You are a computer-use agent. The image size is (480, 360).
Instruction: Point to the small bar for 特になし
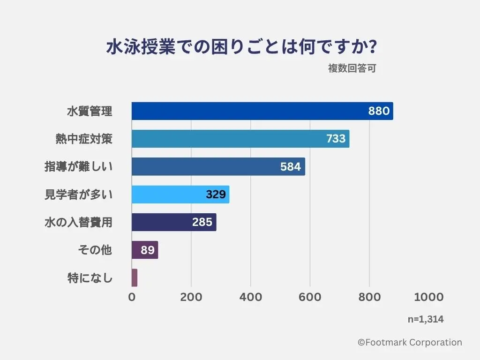(135, 277)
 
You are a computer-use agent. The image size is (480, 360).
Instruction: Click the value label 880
(379, 111)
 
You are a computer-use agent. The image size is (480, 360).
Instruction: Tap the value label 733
(336, 139)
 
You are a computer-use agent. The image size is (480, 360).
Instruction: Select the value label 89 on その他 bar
(148, 250)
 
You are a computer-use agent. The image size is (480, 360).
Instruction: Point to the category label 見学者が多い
(79, 195)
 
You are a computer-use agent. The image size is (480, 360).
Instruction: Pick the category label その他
(95, 250)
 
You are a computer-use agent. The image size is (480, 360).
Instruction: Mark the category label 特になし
(90, 278)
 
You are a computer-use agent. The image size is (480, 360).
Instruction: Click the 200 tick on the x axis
(191, 297)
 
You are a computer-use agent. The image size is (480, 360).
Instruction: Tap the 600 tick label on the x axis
(310, 297)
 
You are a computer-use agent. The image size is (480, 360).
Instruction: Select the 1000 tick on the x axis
(428, 297)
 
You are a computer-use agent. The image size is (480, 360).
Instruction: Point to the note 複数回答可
(352, 68)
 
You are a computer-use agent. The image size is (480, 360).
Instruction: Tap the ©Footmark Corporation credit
(410, 343)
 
